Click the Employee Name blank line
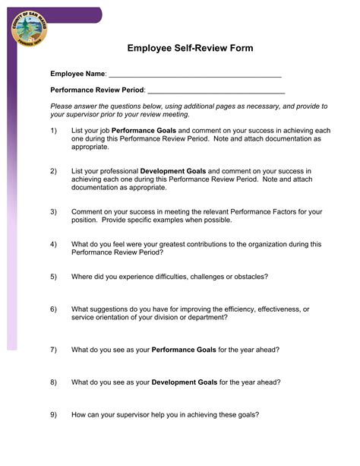(x=195, y=75)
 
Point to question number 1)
(x=54, y=131)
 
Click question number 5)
(x=54, y=276)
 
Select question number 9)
(x=54, y=415)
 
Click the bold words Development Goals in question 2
(x=173, y=171)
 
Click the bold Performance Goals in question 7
(x=185, y=350)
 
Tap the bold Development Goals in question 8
(x=185, y=382)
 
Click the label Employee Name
(x=77, y=74)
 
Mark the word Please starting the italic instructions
(x=62, y=106)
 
